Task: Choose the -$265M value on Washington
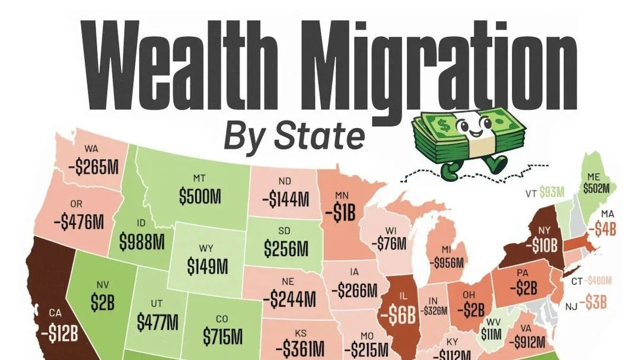(93, 167)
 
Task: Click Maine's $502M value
(600, 187)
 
